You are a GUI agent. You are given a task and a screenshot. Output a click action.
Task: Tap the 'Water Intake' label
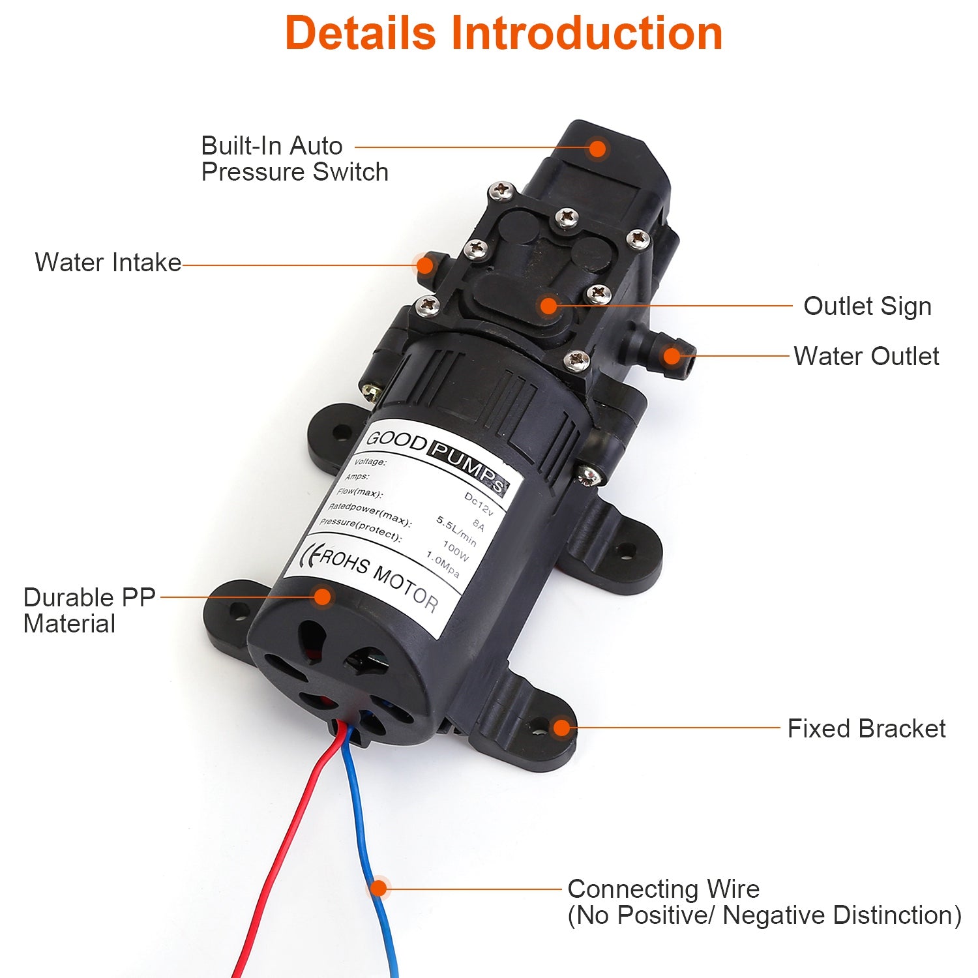108,263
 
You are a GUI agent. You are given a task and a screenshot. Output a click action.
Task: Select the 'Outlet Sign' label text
867,306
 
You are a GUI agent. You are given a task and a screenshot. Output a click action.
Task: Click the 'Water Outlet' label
866,357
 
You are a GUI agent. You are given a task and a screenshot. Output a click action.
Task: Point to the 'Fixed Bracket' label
866,728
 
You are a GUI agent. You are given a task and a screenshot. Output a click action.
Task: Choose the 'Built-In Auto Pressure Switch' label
294,158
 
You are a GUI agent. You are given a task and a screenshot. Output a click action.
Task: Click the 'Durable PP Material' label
89,610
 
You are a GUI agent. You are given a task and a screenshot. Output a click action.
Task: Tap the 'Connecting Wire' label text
663,889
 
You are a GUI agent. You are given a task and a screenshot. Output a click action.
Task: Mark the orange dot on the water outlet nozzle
672,356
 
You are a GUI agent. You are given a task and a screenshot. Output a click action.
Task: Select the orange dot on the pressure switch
597,148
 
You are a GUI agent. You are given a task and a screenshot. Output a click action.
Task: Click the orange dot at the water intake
424,265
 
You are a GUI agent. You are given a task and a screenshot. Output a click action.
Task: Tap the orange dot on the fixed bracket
561,728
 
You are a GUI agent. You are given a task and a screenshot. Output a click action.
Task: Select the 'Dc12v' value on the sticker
479,502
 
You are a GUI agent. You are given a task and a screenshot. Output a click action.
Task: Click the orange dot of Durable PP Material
322,596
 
